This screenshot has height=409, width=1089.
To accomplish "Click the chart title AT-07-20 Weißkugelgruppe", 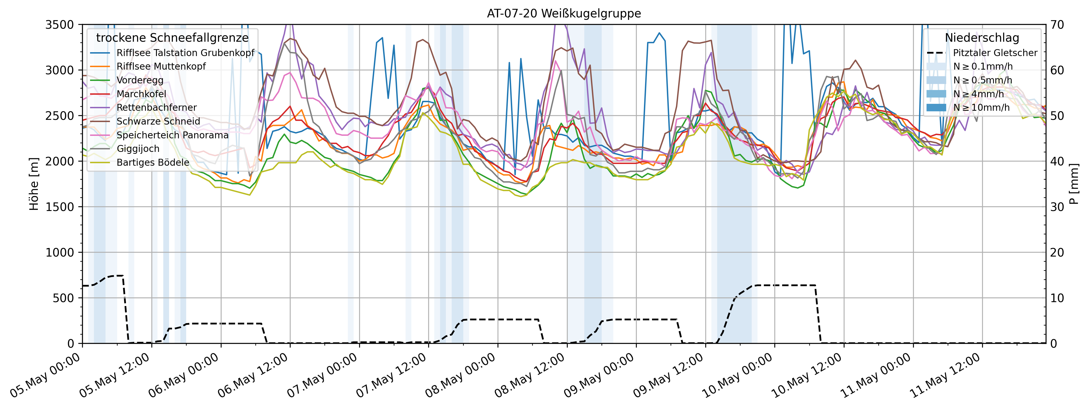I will tap(564, 14).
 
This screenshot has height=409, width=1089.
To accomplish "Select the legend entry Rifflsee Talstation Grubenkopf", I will tap(185, 53).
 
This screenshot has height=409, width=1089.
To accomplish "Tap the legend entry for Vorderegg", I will tap(140, 80).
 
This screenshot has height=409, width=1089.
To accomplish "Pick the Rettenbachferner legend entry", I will tap(156, 108).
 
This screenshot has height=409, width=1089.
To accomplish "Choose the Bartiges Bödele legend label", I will tap(152, 163).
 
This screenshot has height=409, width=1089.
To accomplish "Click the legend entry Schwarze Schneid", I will tap(158, 121).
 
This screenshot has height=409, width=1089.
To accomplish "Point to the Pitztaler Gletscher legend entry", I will tap(995, 53).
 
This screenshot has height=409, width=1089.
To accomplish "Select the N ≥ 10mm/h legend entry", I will tap(981, 108).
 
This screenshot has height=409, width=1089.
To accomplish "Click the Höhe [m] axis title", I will tap(34, 184).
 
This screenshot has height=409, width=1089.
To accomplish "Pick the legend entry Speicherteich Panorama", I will tap(172, 135).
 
